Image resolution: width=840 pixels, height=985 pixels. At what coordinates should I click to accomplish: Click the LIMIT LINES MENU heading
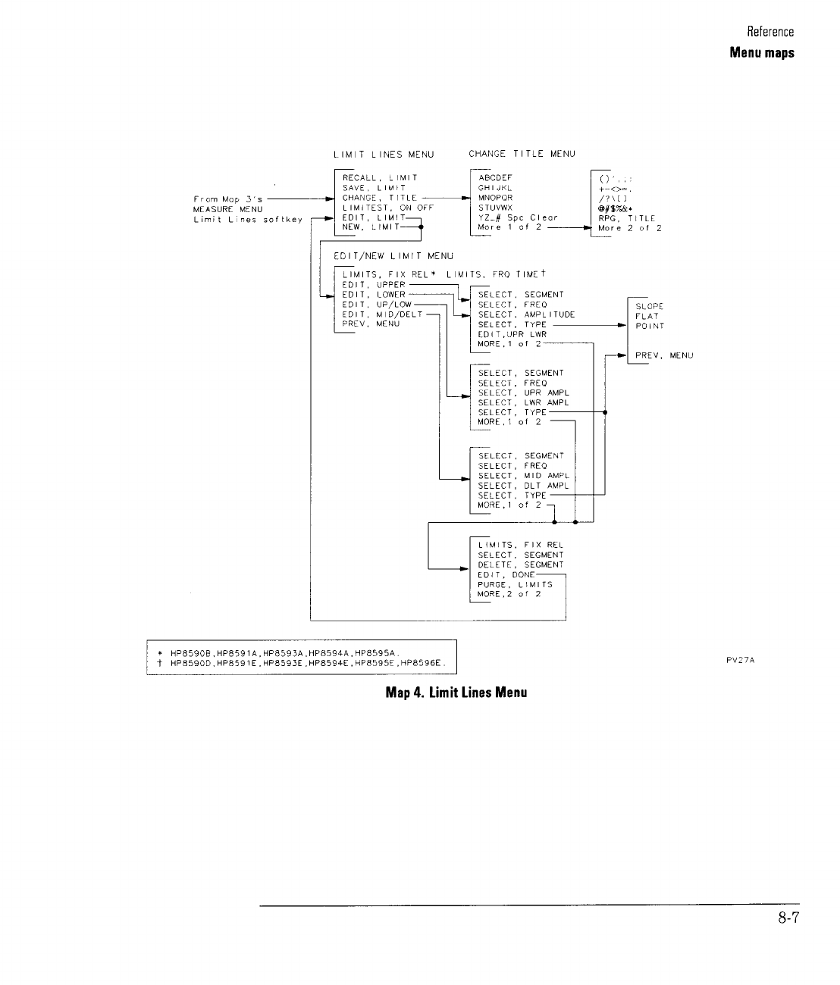click(384, 155)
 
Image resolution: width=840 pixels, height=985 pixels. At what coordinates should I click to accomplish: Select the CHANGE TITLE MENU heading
click(522, 154)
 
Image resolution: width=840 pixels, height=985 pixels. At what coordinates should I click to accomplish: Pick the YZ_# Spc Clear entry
click(518, 217)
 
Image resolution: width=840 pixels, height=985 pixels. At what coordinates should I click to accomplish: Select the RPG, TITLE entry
click(626, 217)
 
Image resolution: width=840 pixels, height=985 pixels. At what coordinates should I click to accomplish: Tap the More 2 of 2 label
click(629, 227)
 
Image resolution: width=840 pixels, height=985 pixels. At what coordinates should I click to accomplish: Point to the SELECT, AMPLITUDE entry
click(526, 314)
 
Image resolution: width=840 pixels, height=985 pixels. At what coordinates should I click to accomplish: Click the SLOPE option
click(650, 306)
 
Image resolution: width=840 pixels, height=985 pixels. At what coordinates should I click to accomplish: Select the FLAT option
click(647, 316)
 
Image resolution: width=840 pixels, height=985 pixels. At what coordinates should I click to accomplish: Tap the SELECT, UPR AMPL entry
click(523, 393)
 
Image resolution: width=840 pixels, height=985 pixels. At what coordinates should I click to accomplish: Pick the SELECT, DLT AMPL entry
click(523, 486)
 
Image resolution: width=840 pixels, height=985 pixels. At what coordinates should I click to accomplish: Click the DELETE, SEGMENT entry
click(521, 565)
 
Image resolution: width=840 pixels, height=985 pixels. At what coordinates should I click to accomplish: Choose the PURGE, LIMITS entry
click(515, 585)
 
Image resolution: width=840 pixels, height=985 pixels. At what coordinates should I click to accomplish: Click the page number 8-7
click(788, 919)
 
